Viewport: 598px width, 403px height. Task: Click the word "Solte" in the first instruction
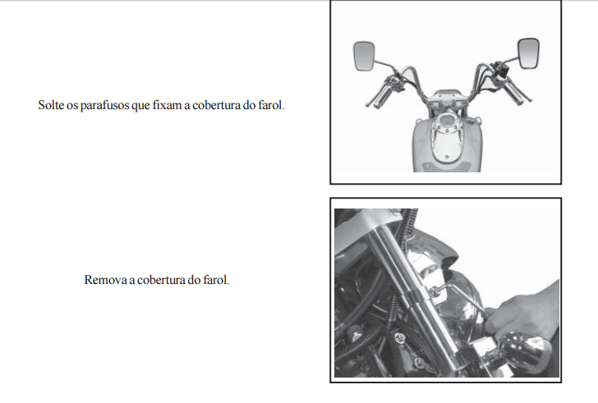pyautogui.click(x=51, y=105)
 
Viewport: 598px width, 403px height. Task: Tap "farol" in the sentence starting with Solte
pyautogui.click(x=272, y=105)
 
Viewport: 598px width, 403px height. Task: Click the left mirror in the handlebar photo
pyautogui.click(x=364, y=56)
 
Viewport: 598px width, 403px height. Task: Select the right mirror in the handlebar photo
pyautogui.click(x=528, y=53)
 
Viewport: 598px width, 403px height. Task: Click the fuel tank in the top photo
pyautogui.click(x=447, y=144)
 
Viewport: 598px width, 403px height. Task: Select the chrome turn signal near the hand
pyautogui.click(x=524, y=351)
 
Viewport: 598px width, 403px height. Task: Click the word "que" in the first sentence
pyautogui.click(x=140, y=106)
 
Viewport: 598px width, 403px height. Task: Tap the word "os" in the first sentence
pyautogui.click(x=72, y=106)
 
